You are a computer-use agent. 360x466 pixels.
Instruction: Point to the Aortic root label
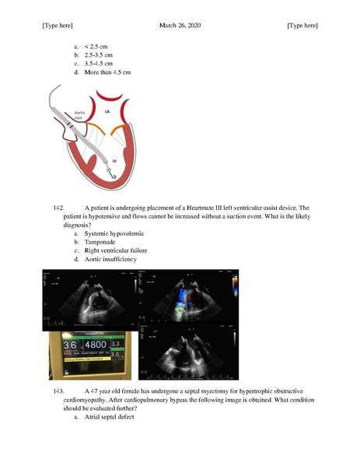79,116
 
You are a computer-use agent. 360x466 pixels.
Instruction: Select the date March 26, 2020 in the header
179,26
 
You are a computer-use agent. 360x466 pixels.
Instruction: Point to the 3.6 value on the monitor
71,345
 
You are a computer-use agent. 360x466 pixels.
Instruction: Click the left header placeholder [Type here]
57,26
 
